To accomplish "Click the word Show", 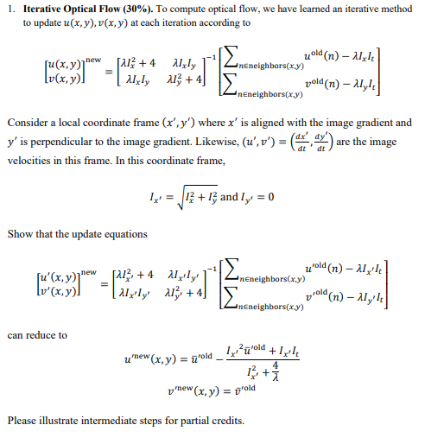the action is (19, 234).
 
